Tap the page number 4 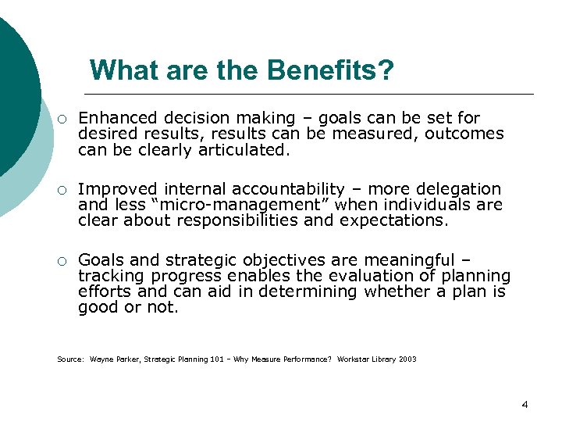tap(524, 404)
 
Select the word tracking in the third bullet tap(110, 276)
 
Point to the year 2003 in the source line tap(407, 359)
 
